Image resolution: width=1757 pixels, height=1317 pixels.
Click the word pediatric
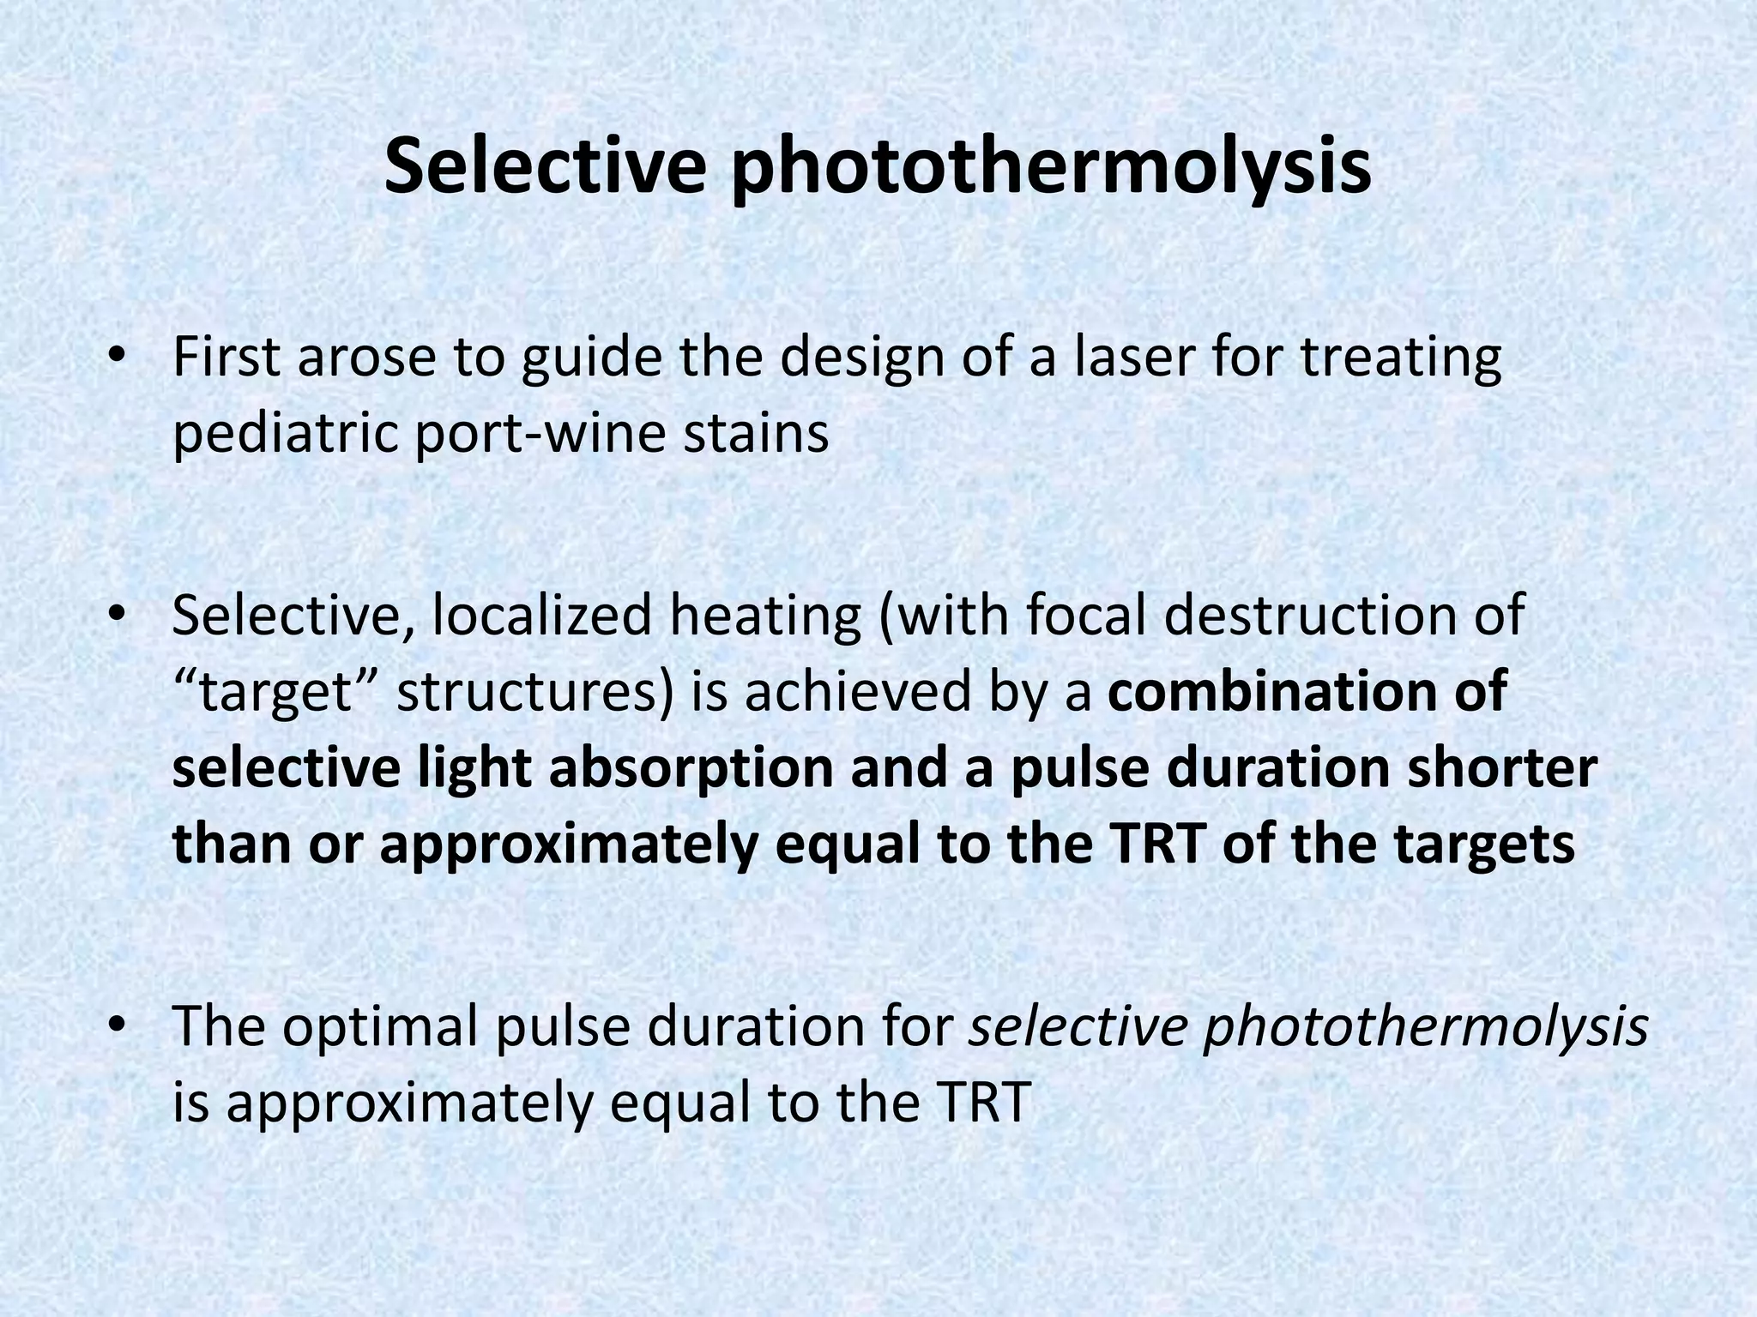tap(286, 434)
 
